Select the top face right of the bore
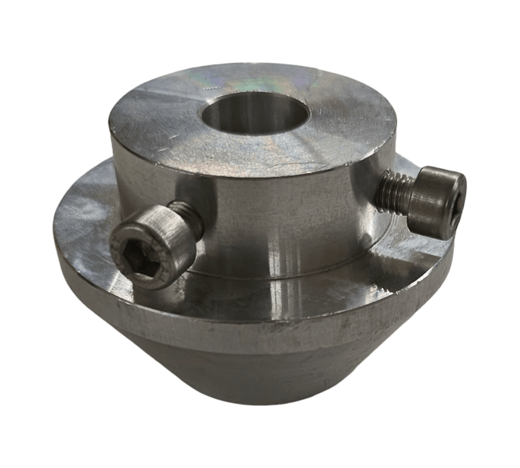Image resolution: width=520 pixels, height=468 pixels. pyautogui.click(x=354, y=120)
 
